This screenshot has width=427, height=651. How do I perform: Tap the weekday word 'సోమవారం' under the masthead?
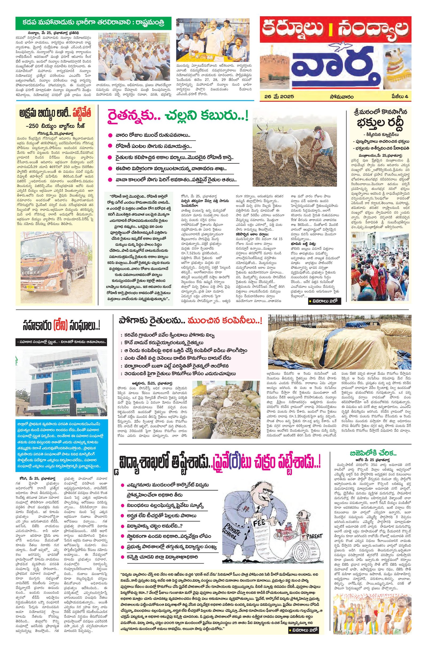pyautogui.click(x=341, y=96)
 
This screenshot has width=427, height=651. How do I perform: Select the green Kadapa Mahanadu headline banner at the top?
pyautogui.click(x=93, y=23)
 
